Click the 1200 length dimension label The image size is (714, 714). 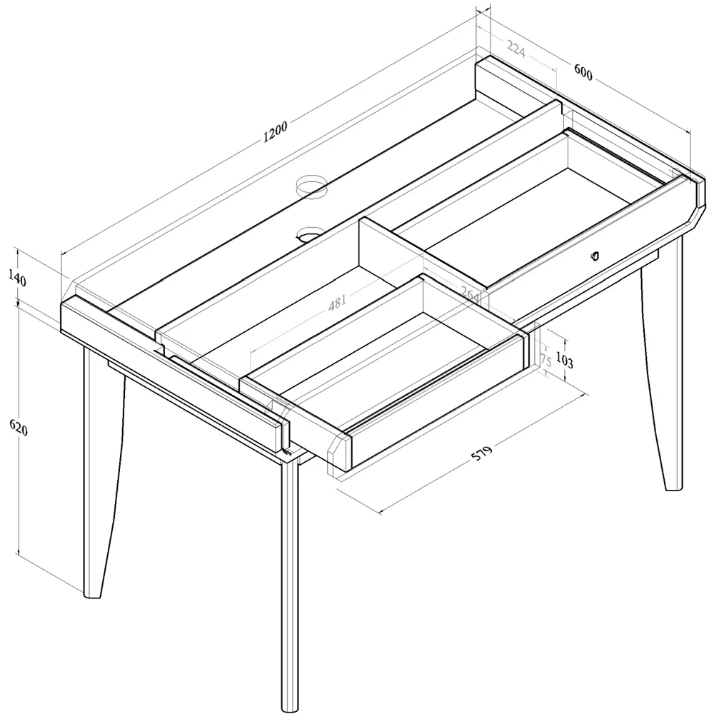click(275, 132)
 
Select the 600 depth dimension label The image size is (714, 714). click(583, 73)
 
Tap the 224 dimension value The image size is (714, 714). click(516, 48)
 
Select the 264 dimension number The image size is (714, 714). click(469, 293)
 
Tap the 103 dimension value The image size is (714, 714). click(564, 361)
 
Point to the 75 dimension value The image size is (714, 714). click(545, 359)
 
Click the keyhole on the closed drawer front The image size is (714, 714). click(595, 256)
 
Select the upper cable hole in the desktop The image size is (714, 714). click(312, 186)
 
